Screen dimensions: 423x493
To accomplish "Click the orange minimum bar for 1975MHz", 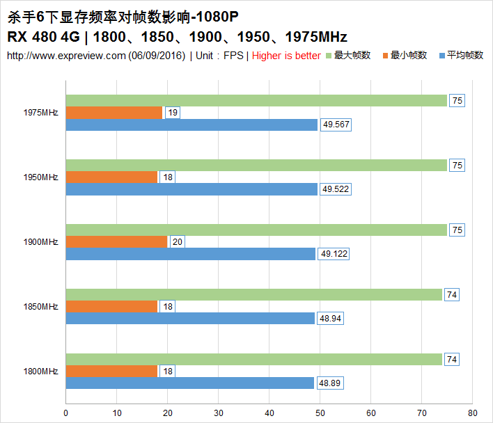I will (x=114, y=113).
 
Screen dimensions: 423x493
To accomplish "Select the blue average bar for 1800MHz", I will (x=189, y=383).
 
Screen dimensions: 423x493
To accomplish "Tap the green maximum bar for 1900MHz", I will (x=256, y=230).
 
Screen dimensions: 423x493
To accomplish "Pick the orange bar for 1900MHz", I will (x=116, y=241).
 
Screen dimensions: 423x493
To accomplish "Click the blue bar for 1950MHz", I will (x=191, y=189).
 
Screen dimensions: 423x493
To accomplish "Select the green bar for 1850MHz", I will (x=254, y=294).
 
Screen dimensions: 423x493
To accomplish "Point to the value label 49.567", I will (x=337, y=125).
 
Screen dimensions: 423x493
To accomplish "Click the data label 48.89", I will (x=331, y=383).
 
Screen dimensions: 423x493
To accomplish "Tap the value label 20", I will (x=178, y=242).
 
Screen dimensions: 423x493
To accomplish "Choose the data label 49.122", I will (x=334, y=255).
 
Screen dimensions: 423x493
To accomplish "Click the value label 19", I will (x=173, y=113).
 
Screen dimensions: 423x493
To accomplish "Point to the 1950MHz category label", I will (x=40, y=177).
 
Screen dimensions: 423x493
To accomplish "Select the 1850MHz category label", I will (x=40, y=306).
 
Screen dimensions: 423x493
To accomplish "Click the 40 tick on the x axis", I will (x=269, y=413).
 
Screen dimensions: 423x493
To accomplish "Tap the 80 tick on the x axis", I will (x=472, y=413).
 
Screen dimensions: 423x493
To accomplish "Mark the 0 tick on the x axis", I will (x=65, y=413).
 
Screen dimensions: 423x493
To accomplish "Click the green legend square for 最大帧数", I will (x=329, y=56).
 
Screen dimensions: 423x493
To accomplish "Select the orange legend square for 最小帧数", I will (x=385, y=56).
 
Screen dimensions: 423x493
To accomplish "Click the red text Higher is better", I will (x=286, y=56).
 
